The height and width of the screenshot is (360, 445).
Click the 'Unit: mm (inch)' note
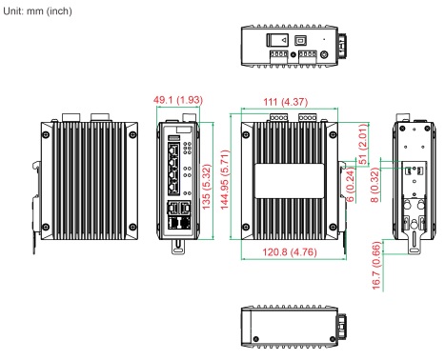(x=37, y=11)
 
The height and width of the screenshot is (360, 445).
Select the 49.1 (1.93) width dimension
(x=178, y=100)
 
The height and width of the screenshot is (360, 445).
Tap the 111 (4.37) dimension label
(x=286, y=102)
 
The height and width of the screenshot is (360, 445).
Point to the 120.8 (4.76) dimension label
(x=290, y=252)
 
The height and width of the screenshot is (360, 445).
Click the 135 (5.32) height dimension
(x=207, y=187)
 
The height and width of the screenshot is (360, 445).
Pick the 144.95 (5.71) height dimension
(x=225, y=180)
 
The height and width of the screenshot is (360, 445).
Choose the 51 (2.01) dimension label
(x=363, y=144)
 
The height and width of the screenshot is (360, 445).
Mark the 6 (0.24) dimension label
(x=350, y=184)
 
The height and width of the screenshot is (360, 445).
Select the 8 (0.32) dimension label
(x=375, y=185)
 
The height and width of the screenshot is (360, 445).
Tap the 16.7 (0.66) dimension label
(x=376, y=266)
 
